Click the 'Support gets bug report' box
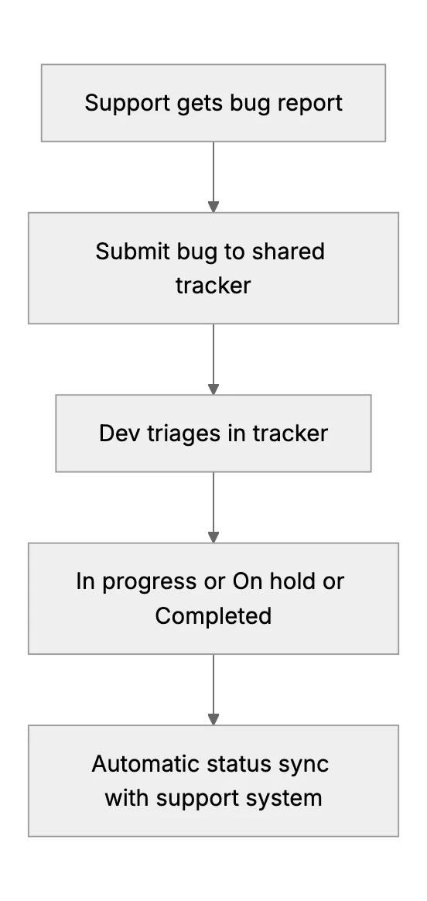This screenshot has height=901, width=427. point(213,103)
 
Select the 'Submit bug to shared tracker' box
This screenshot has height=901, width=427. point(213,268)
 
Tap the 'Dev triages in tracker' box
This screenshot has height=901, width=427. point(213,433)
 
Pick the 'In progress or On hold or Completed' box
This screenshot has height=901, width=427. point(213,598)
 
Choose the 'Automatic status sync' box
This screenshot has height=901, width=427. point(213,780)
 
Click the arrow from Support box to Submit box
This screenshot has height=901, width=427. point(213,177)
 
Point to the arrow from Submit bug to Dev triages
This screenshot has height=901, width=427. point(213,359)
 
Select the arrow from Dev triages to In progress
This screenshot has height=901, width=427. point(213,507)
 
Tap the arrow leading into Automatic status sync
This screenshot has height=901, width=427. point(213,690)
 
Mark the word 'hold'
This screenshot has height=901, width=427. point(297,581)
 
